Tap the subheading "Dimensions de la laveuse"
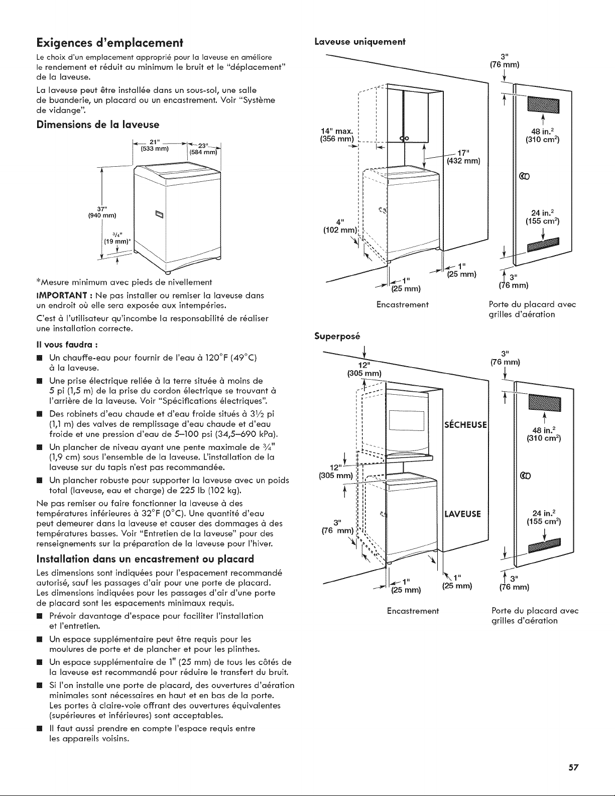coord(98,125)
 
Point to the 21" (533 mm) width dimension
coord(155,146)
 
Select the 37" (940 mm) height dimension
coord(102,212)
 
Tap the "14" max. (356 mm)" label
coord(337,135)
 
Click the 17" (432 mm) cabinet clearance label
coord(463,157)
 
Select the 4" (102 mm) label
coord(340,226)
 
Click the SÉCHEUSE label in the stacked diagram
coord(465,424)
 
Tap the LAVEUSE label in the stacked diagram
coord(462,514)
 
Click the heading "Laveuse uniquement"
coord(360,42)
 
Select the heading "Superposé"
coord(337,336)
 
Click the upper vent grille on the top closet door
coord(543,105)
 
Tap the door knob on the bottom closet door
coord(524,476)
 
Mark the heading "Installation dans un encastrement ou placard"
coord(145,559)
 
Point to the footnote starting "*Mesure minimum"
coord(124,282)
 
